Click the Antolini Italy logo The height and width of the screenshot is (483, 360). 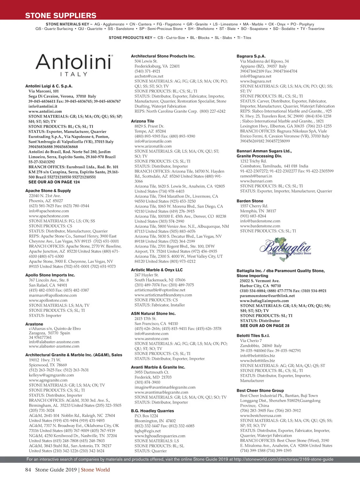pyautogui.click(x=74, y=64)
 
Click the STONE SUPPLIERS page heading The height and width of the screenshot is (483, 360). pyautogui.click(x=61, y=16)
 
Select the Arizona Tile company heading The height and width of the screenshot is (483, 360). pyautogui.click(x=142, y=121)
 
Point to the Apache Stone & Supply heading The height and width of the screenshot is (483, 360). pyautogui.click(x=48, y=190)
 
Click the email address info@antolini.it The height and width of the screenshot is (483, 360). pyautogui.click(x=43, y=106)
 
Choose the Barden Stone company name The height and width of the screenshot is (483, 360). pyautogui.click(x=250, y=201)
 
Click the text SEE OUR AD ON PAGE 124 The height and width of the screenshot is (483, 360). pyautogui.click(x=54, y=182)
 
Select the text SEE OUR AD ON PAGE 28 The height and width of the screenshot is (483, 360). pyautogui.click(x=265, y=325)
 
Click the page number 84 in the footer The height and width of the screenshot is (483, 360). pyautogui.click(x=28, y=470)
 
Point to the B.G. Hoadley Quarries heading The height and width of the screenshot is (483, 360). pyautogui.click(x=152, y=411)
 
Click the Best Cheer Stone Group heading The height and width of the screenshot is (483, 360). pyautogui.click(x=260, y=391)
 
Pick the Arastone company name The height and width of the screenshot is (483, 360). pyautogui.click(x=34, y=324)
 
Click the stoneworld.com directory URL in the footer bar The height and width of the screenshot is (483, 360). pyautogui.click(x=283, y=459)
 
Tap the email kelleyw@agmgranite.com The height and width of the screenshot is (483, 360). pyautogui.click(x=51, y=375)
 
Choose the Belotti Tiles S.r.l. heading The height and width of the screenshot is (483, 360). pyautogui.click(x=253, y=336)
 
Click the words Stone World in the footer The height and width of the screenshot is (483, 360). pyautogui.click(x=95, y=470)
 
